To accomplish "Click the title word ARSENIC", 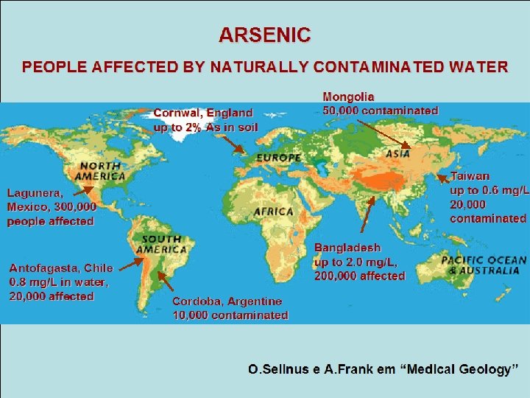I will (x=264, y=35).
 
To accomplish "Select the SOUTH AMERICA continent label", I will (x=163, y=244).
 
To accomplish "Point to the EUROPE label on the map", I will (x=278, y=158).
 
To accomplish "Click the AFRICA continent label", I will (x=274, y=212).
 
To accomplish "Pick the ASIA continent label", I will (x=398, y=155).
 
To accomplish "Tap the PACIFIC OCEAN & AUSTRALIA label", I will (x=484, y=265).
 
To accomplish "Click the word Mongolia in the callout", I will (x=348, y=97).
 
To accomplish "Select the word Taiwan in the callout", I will (x=470, y=177).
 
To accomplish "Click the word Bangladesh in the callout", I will (x=347, y=248).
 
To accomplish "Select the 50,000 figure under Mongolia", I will (x=341, y=111).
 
